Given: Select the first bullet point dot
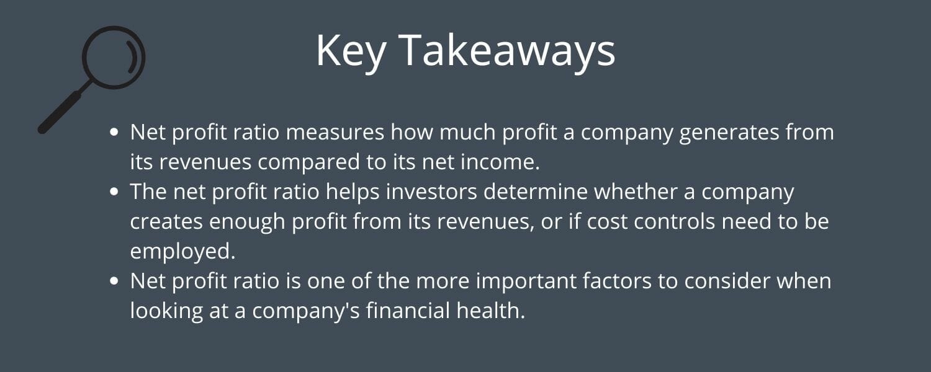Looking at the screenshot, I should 114,132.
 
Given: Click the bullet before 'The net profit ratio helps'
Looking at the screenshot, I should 114,192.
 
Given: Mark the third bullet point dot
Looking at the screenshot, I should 114,281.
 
